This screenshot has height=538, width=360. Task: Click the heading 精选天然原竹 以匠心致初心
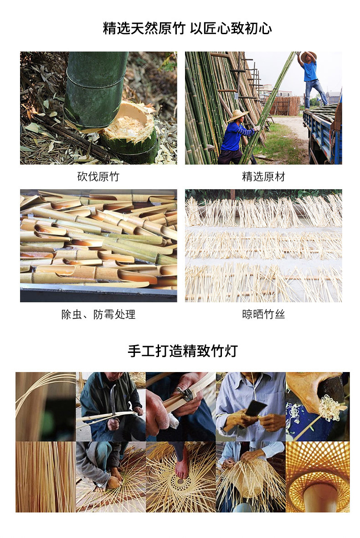pos(187,29)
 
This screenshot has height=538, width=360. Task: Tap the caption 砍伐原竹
pos(98,176)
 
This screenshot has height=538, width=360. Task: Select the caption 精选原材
pos(263,176)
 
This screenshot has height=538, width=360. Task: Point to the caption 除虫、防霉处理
pos(98,314)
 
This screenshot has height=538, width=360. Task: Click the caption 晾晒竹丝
pos(263,314)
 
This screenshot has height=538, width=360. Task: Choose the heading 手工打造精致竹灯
pos(182,351)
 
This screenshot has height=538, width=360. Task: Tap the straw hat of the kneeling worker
pos(238,115)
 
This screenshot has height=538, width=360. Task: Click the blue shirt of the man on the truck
pos(310,71)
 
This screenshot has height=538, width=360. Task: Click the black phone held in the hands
pos(255,407)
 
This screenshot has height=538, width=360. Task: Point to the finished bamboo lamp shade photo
pos(318,476)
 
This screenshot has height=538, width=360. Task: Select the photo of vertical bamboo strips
pos(46,476)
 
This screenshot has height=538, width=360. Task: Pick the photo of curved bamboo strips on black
pos(46,406)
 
